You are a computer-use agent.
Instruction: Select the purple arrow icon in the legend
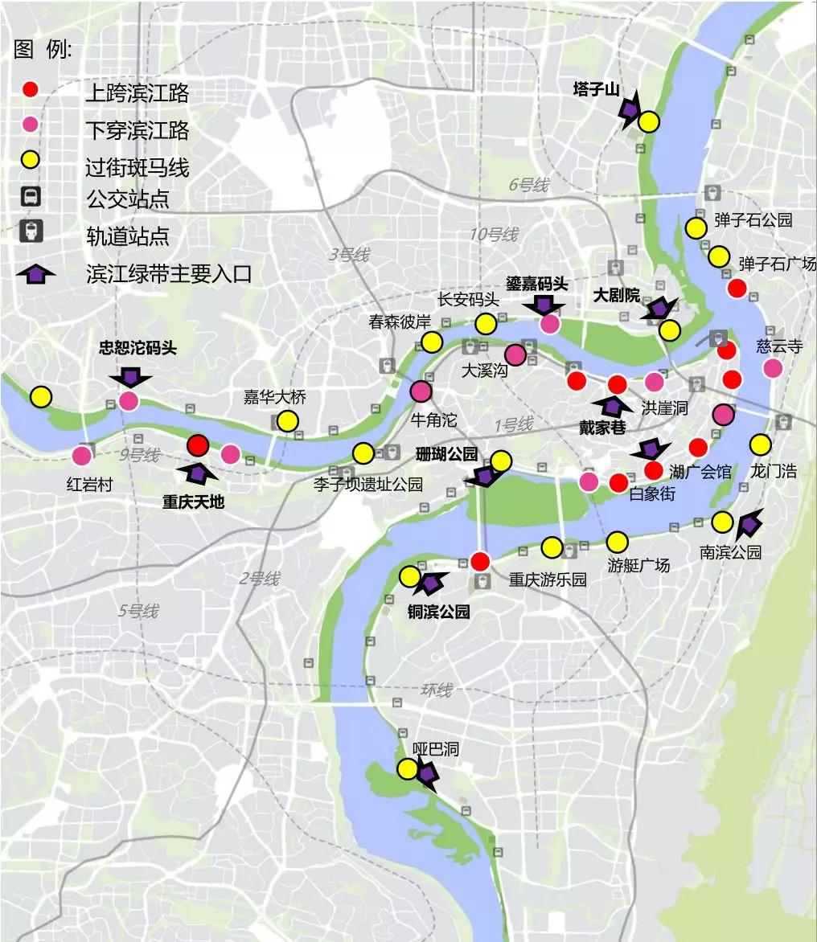point(35,274)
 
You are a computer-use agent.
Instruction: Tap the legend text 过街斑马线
point(138,167)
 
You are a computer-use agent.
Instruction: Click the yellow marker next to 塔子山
point(648,122)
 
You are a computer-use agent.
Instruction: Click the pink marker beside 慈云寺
point(773,368)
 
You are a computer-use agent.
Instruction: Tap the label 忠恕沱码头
point(138,348)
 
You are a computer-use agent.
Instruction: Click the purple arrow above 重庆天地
point(197,473)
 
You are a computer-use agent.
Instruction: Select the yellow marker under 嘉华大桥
point(287,420)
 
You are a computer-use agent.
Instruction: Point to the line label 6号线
point(528,185)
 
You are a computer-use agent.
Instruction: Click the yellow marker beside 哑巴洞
point(408,769)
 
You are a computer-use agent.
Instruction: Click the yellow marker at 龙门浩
point(760,444)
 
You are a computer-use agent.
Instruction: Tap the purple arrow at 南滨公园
point(748,525)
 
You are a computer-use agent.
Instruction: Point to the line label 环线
point(437,690)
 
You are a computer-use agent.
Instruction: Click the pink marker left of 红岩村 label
point(81,456)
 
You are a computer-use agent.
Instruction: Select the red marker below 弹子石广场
point(737,289)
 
